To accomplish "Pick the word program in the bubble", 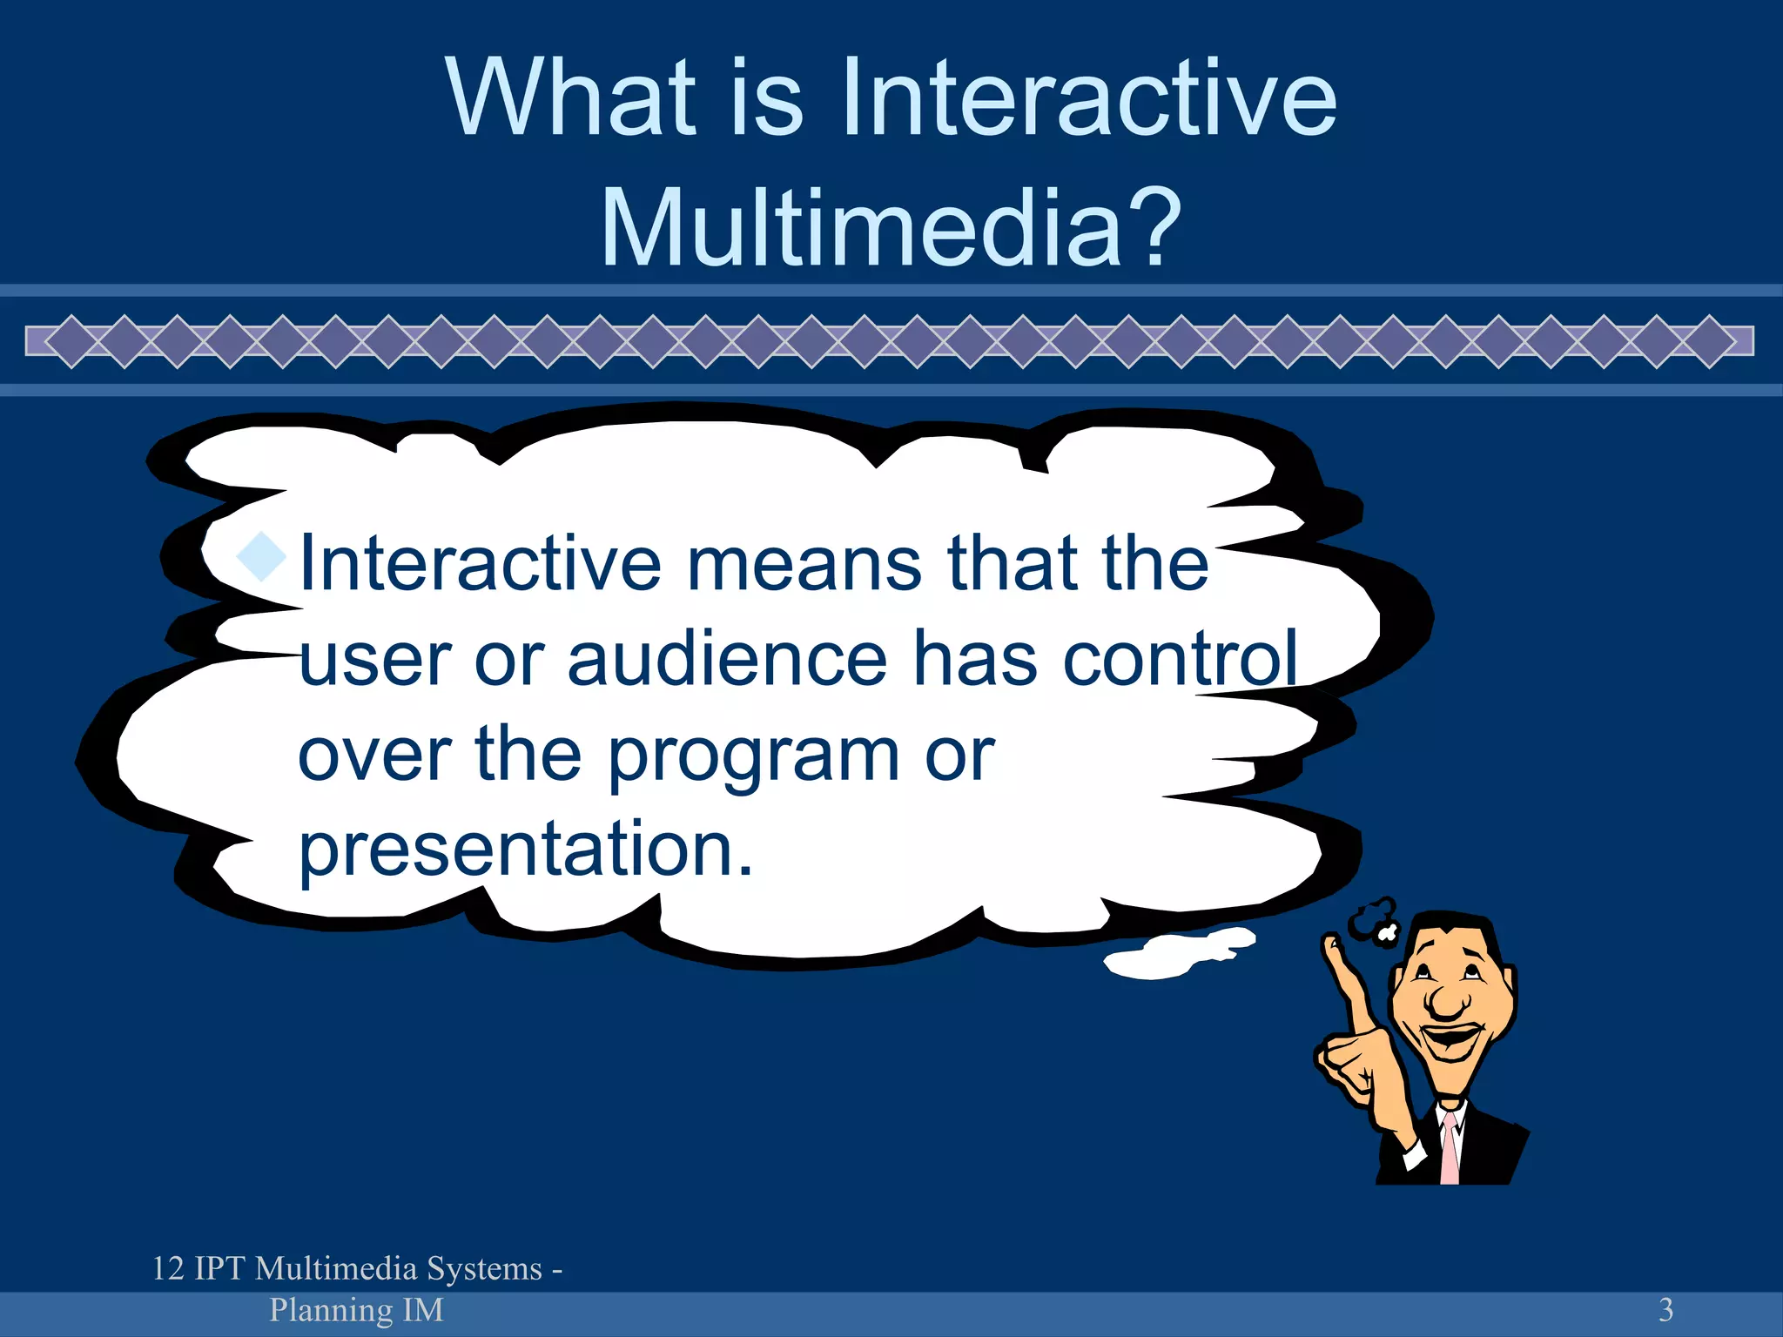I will point(753,756).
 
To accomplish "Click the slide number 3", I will point(1665,1309).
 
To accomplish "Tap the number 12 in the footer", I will point(168,1268).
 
